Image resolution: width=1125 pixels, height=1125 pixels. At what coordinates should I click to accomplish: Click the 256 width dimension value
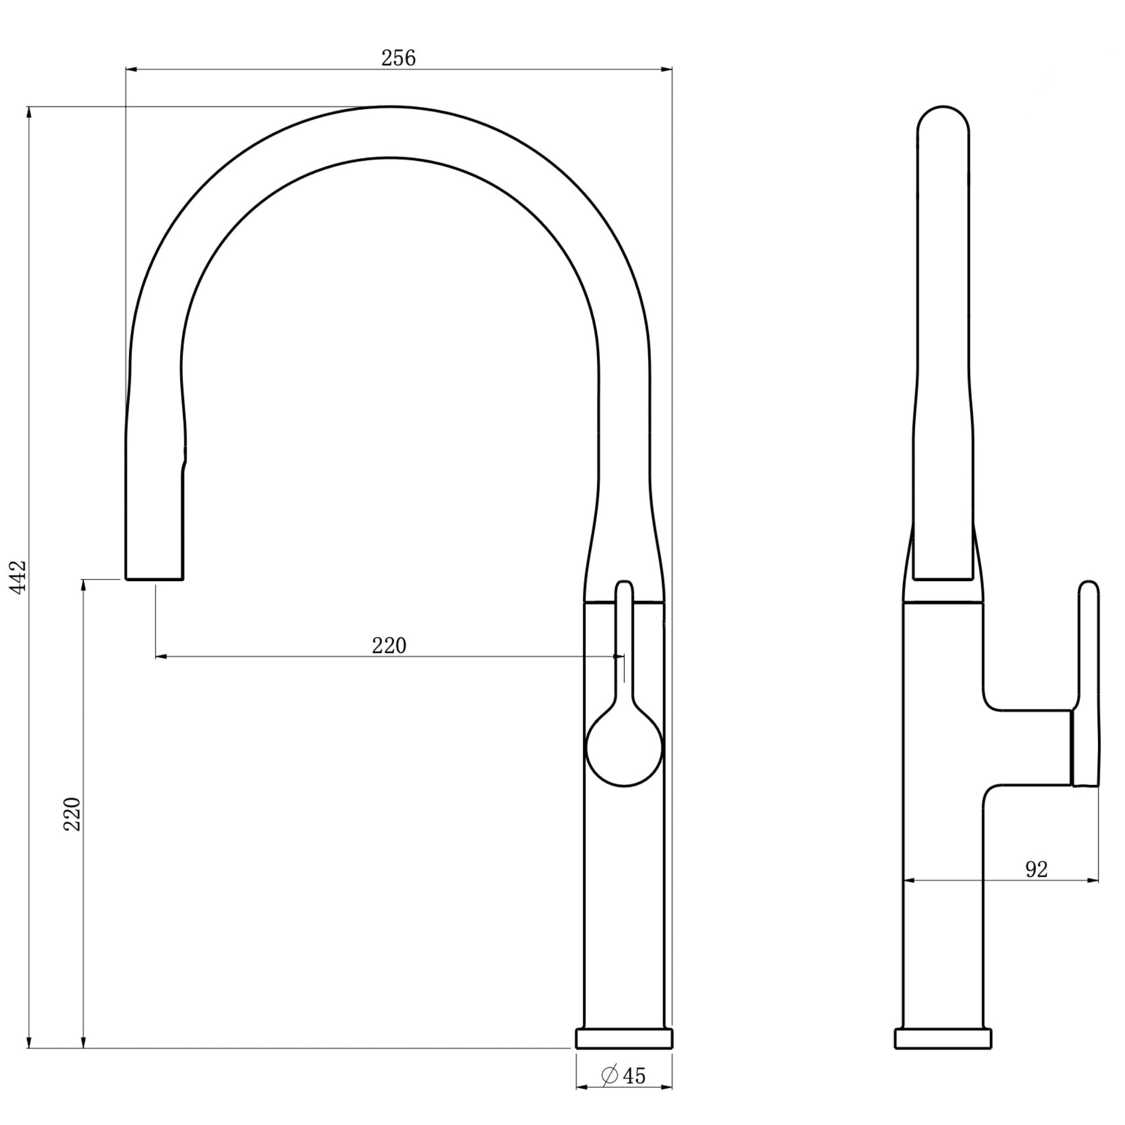tap(398, 58)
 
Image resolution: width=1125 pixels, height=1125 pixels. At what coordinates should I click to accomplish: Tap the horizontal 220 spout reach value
tap(389, 646)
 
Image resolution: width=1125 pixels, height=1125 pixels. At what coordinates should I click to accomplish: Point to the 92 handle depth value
tap(1036, 885)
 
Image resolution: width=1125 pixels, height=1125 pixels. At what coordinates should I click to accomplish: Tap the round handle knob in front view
tap(624, 748)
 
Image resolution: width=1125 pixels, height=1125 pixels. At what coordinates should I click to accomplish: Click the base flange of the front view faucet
tap(624, 1055)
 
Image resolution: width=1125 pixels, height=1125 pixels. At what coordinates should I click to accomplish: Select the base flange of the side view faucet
tap(943, 1055)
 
